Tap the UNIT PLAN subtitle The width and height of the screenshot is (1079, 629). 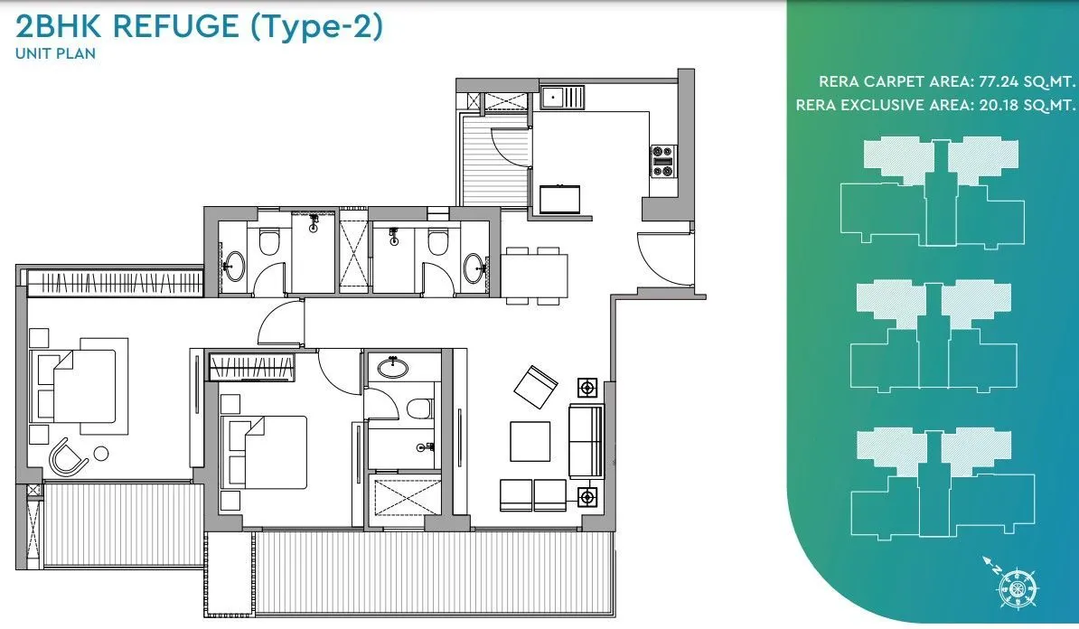(x=55, y=53)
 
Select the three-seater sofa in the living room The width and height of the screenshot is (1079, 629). (x=585, y=441)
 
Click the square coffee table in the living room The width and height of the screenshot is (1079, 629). (x=530, y=442)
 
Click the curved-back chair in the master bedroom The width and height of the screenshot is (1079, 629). (x=69, y=456)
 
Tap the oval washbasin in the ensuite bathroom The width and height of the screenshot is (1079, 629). (x=392, y=367)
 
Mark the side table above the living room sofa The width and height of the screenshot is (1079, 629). (x=588, y=388)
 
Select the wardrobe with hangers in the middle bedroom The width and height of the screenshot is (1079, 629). (x=252, y=368)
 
